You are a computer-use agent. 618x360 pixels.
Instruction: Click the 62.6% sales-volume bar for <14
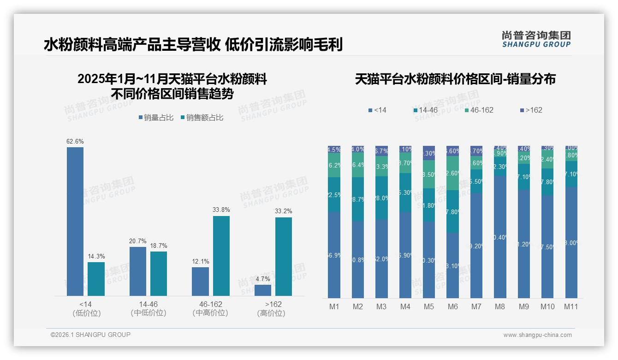click(x=75, y=222)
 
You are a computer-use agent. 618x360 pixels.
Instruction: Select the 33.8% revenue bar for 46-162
click(x=221, y=256)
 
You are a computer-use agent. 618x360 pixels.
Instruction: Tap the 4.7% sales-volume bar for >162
click(x=263, y=290)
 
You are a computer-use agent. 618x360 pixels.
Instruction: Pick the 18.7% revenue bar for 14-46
click(x=159, y=273)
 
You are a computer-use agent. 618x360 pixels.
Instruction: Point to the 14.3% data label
click(x=96, y=256)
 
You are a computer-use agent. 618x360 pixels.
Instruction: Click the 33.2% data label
click(x=284, y=211)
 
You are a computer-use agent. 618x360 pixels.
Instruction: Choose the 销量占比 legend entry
click(x=155, y=118)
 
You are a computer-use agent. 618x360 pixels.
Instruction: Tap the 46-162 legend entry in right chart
click(x=479, y=110)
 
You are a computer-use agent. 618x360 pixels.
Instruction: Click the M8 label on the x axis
click(x=500, y=306)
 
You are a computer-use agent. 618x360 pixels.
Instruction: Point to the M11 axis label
click(x=571, y=306)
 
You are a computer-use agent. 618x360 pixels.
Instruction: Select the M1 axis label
click(x=334, y=306)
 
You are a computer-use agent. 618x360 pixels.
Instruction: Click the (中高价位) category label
click(x=210, y=313)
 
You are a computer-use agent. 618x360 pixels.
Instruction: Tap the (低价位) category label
click(x=86, y=313)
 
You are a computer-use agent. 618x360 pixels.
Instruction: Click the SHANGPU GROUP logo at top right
click(x=536, y=39)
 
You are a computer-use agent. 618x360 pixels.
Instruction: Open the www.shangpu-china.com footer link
click(x=537, y=335)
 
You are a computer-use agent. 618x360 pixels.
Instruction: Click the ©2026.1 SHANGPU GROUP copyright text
click(x=90, y=335)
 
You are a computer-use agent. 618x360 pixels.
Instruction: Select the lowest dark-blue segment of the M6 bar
click(x=452, y=265)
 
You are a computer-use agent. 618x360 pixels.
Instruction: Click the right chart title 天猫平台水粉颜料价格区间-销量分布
click(x=455, y=79)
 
